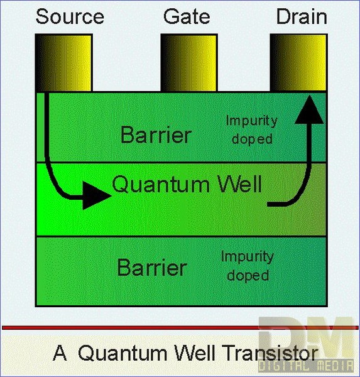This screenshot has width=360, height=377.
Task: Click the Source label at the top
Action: [70, 16]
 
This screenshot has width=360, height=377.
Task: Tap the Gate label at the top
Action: [187, 16]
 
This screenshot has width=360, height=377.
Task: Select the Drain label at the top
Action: [302, 16]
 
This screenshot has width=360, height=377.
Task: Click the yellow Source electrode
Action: [63, 62]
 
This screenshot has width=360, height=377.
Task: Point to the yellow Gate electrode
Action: [189, 62]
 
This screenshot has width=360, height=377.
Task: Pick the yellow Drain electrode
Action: [298, 62]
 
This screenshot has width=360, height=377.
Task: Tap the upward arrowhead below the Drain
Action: [309, 109]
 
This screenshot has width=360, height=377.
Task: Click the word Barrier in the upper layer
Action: [156, 135]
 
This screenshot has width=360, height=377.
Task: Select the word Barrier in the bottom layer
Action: [152, 268]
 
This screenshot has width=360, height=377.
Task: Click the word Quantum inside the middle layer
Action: [161, 185]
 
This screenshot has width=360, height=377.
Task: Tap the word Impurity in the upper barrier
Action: [251, 121]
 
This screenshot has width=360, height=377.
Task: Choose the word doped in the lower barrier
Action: [248, 276]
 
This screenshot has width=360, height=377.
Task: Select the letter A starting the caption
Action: [60, 352]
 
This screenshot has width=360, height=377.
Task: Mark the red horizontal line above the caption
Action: [180, 327]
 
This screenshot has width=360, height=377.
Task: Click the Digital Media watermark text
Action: [306, 366]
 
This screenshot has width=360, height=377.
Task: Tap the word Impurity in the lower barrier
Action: [248, 257]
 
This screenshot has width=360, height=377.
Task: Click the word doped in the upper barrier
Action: [252, 139]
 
